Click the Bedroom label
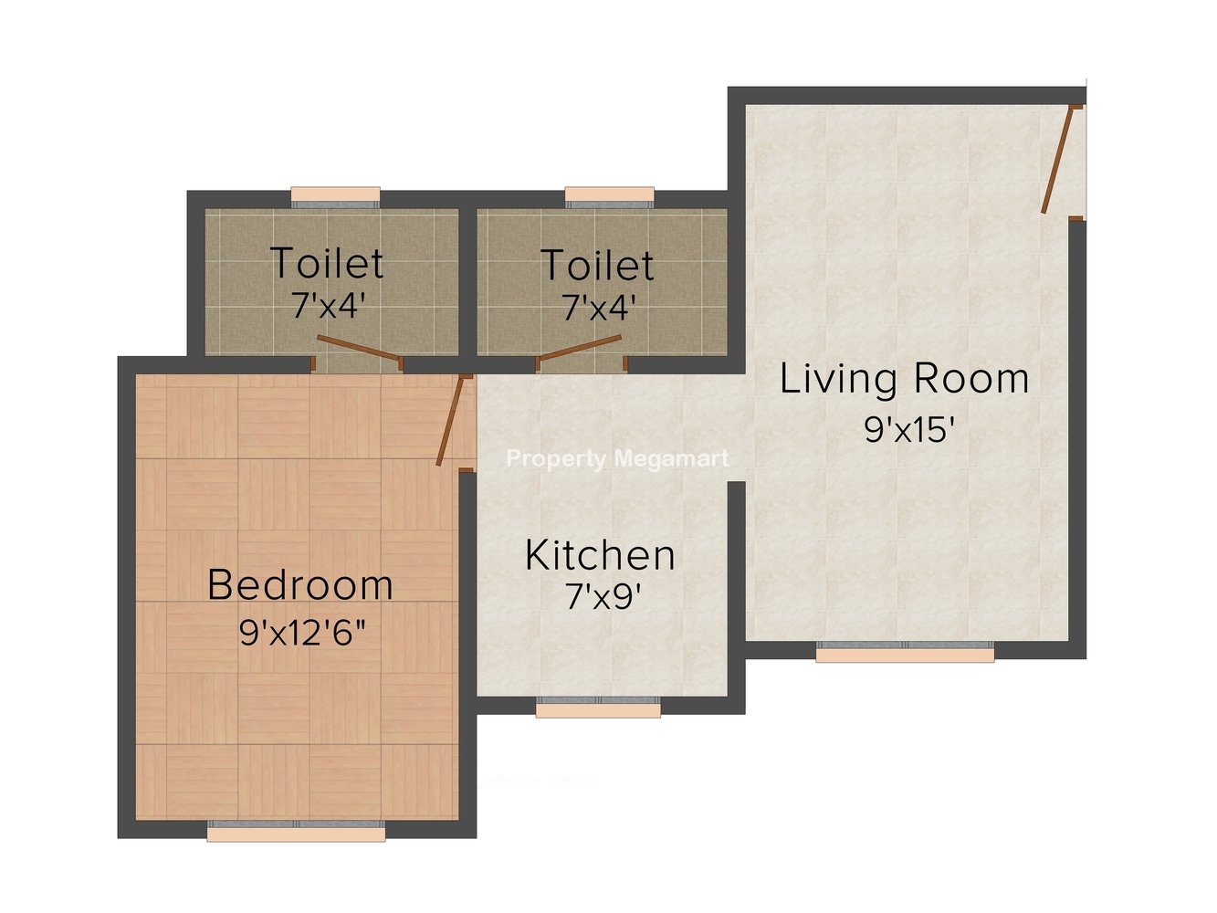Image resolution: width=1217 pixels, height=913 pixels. tap(300, 585)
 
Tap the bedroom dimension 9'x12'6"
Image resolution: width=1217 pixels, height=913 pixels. tap(303, 632)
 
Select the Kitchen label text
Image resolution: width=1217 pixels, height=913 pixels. tap(600, 555)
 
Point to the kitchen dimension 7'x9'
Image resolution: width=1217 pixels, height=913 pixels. tap(603, 597)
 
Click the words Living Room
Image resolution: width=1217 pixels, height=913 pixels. tap(904, 379)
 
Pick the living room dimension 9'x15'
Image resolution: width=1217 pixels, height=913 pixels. tap(910, 429)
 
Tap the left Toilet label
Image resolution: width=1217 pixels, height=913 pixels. tap(327, 263)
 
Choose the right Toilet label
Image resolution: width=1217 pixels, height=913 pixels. tap(597, 265)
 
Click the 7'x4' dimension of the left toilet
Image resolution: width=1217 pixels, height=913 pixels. tap(329, 305)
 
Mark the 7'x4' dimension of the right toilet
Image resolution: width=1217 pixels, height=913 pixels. tap(599, 307)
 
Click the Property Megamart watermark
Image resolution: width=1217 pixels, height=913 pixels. tap(618, 459)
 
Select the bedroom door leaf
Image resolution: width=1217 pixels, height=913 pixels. tap(450, 421)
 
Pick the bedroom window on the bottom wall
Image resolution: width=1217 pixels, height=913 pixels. tap(296, 831)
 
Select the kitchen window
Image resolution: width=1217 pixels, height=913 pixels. tap(598, 708)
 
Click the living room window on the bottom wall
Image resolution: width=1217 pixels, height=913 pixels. tap(905, 652)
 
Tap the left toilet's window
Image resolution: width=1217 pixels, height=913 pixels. tap(335, 197)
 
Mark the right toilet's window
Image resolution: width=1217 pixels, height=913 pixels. tap(609, 197)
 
